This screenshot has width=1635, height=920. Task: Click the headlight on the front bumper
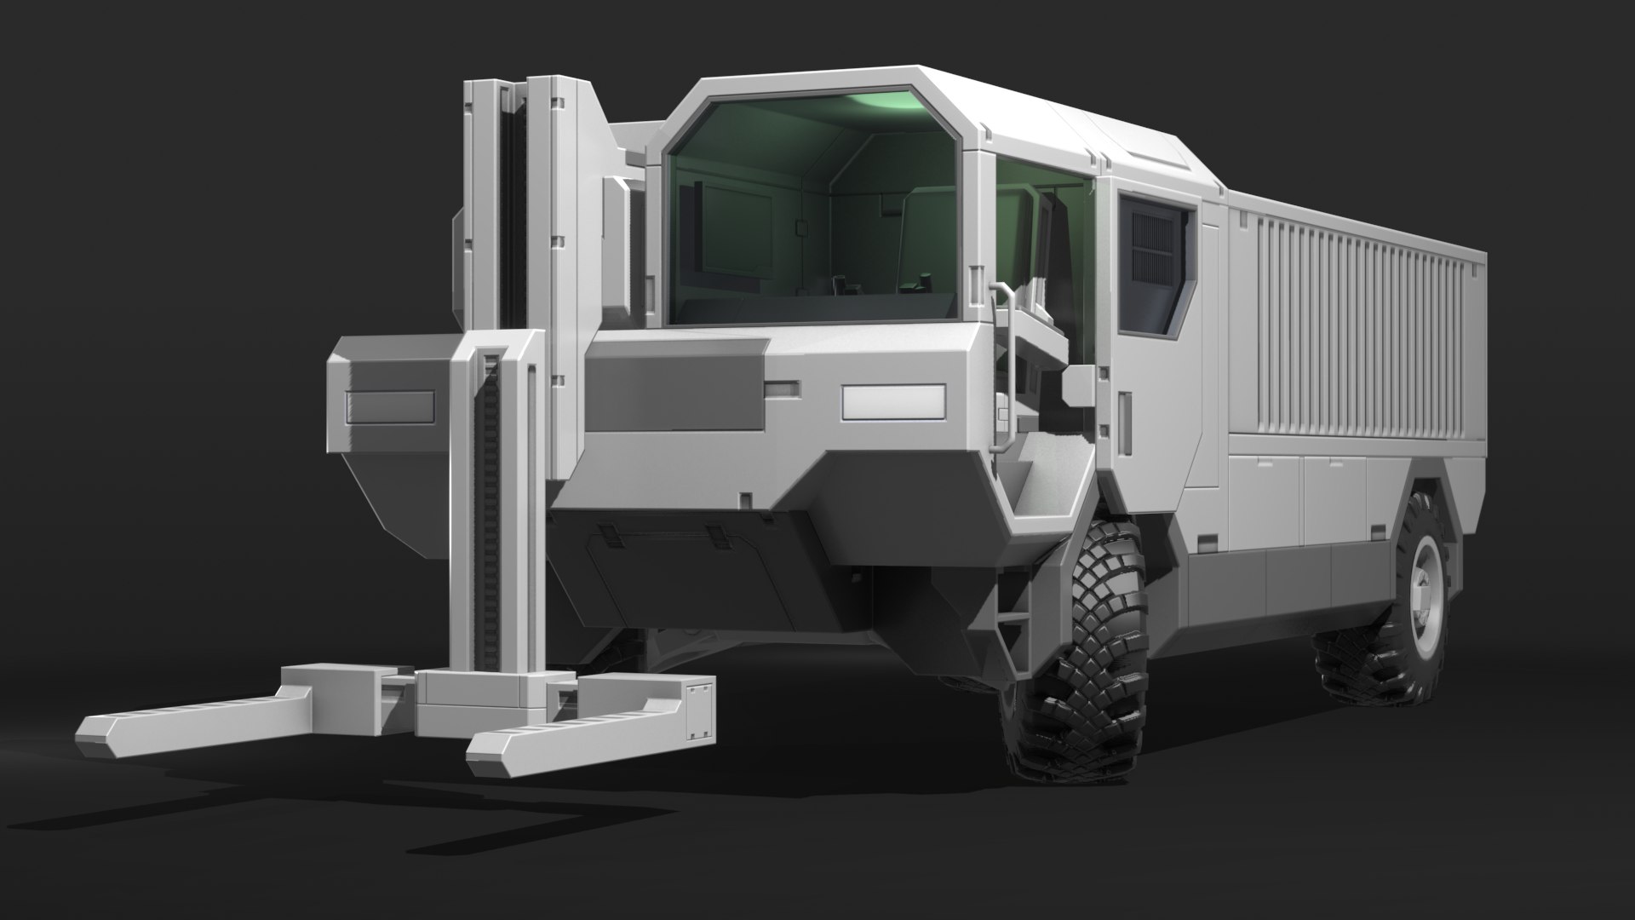893,402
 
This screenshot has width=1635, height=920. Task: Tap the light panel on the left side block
391,408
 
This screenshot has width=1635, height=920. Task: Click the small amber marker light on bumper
782,389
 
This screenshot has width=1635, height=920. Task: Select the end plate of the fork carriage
700,708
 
